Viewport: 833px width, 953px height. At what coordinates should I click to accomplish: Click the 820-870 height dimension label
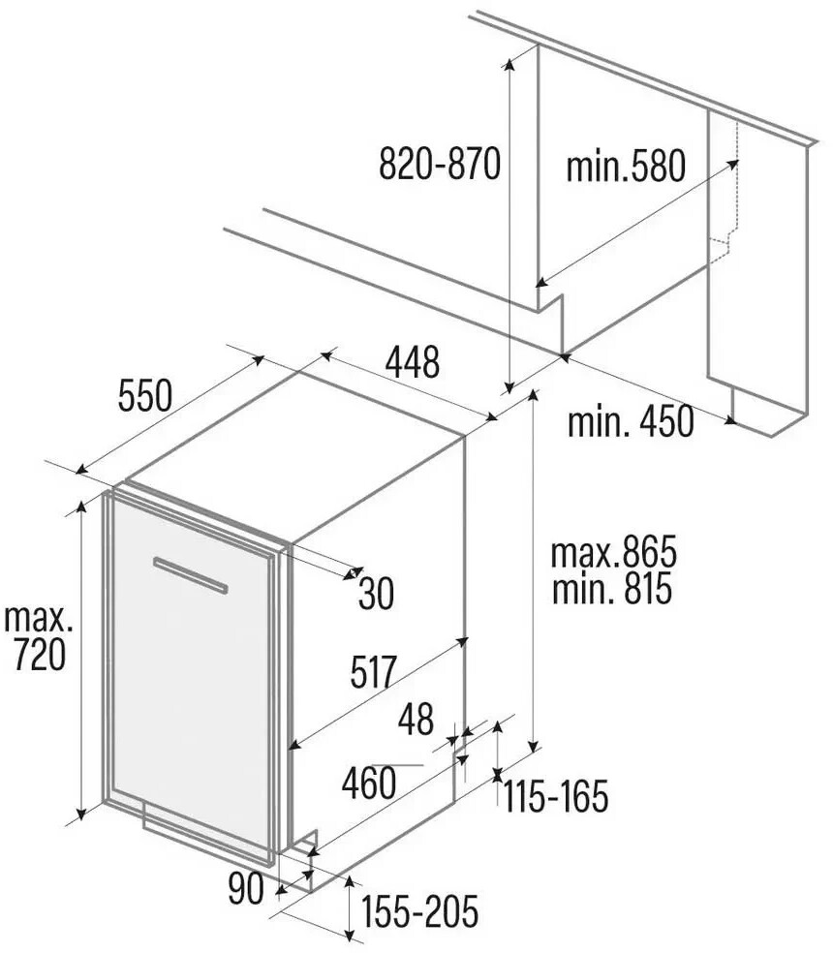coord(440,164)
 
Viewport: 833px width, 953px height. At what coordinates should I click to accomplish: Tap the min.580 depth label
coord(626,166)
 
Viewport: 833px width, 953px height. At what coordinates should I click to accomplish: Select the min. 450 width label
coord(631,421)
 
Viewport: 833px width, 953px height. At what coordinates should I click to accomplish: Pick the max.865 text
coord(613,552)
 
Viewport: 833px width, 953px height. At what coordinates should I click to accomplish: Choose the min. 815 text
coord(612,588)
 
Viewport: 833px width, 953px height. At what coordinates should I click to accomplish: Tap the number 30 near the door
coord(377,593)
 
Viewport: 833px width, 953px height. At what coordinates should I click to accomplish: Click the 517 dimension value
coord(373,671)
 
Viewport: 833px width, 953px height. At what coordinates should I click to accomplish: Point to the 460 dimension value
coord(368,783)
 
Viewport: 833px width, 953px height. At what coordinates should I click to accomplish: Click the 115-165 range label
coord(556,797)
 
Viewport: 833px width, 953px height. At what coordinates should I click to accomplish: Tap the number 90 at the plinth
coord(246,888)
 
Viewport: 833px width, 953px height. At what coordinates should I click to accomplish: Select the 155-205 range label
coord(420,911)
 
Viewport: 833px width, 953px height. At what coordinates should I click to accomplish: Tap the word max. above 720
coord(39,619)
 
